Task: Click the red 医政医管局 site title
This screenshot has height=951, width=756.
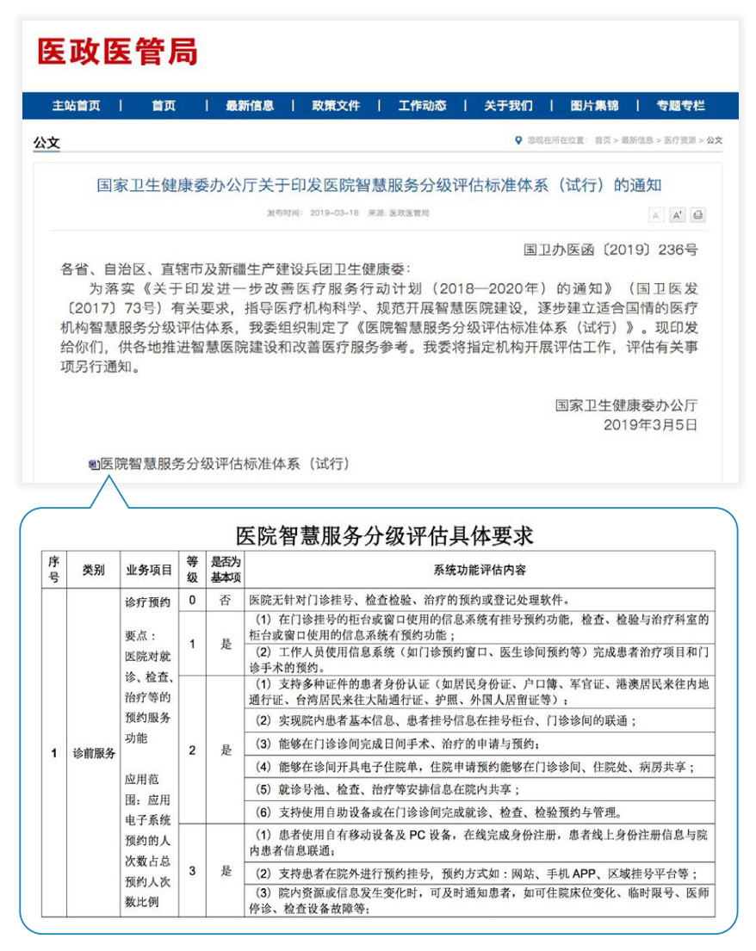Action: tap(117, 51)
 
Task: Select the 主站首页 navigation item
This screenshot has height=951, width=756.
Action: tap(76, 106)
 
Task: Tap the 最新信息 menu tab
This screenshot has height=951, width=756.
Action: tap(250, 106)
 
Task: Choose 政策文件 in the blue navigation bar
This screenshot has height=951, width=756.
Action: tap(336, 106)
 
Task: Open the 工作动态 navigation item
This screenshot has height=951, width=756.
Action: tap(422, 106)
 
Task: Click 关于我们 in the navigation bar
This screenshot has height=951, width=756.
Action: tap(508, 106)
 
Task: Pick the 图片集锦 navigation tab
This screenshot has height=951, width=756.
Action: tap(594, 106)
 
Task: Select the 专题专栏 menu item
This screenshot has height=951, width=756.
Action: tap(680, 106)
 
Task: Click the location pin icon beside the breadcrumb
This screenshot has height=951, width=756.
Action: tap(517, 139)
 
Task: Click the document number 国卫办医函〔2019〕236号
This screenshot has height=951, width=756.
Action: tap(610, 250)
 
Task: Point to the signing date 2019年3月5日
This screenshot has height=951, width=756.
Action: tap(650, 424)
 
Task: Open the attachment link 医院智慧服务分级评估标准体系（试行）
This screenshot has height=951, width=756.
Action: tap(225, 464)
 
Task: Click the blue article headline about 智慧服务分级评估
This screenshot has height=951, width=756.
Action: tap(379, 185)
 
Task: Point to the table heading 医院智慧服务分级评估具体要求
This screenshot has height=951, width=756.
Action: tap(385, 535)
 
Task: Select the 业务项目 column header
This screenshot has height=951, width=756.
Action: tap(149, 570)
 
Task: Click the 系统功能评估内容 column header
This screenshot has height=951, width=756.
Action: tap(480, 570)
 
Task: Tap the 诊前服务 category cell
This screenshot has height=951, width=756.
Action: tap(94, 753)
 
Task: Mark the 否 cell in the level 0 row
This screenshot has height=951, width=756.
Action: tap(226, 600)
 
